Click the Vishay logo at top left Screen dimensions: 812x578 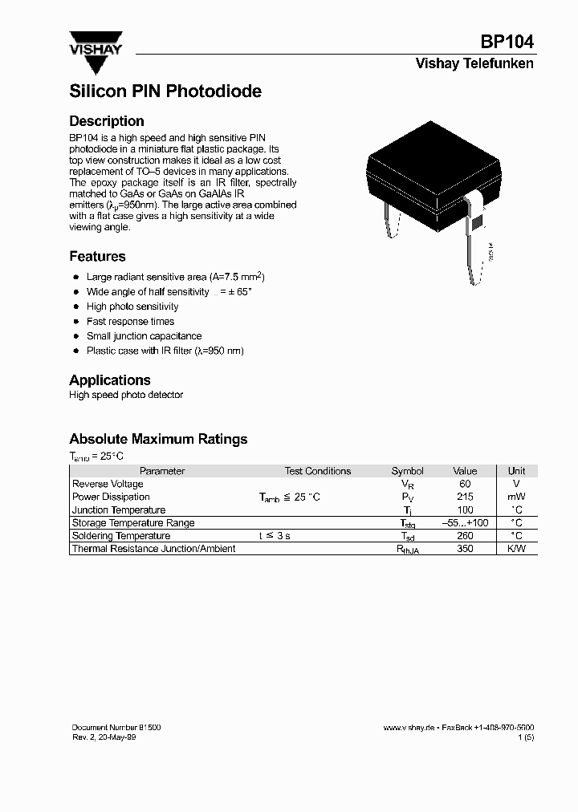(x=96, y=51)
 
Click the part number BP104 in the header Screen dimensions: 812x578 (x=507, y=43)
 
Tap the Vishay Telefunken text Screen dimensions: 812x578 (x=474, y=64)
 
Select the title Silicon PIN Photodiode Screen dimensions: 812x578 (x=165, y=91)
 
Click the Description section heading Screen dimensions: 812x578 (x=107, y=121)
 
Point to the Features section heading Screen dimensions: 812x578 (x=97, y=257)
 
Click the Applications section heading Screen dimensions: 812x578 (x=110, y=380)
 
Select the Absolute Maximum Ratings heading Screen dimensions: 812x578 (x=158, y=439)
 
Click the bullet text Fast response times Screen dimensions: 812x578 (x=130, y=322)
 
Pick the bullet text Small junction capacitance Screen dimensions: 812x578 (x=144, y=336)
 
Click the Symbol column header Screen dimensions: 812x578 (x=407, y=471)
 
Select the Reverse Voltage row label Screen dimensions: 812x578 (x=108, y=484)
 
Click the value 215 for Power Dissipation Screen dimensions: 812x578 (x=465, y=497)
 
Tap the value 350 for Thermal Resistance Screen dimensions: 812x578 (x=465, y=549)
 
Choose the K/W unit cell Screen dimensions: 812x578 (x=517, y=549)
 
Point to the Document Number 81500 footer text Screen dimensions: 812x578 (x=116, y=727)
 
